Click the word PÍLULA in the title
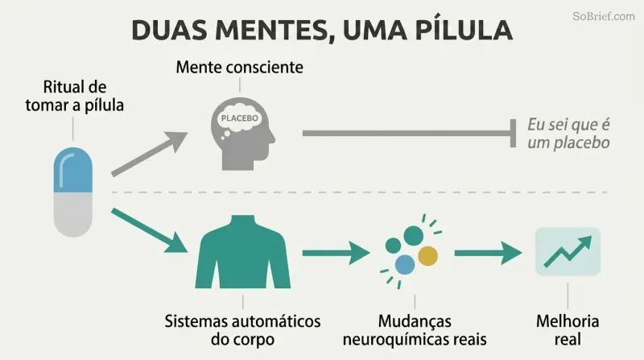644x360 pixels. [464, 30]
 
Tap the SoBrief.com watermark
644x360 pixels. [603, 16]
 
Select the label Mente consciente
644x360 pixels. [239, 67]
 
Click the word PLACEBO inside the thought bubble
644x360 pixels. [239, 118]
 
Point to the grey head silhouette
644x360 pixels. [242, 134]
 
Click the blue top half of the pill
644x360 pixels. [73, 170]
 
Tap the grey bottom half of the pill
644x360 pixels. [73, 214]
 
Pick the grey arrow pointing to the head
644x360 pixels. [150, 154]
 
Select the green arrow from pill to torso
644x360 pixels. [150, 230]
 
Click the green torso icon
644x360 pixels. [243, 252]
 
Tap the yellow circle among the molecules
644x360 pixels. [427, 255]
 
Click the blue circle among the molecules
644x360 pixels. [405, 264]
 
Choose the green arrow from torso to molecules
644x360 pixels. [336, 253]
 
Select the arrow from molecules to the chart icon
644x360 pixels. [489, 253]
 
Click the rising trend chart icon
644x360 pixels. [568, 251]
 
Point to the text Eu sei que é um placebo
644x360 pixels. [568, 134]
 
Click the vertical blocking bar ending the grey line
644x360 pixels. [513, 133]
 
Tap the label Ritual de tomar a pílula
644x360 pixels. [74, 96]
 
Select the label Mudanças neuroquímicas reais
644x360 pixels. [415, 330]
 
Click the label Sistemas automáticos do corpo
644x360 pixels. [243, 330]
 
